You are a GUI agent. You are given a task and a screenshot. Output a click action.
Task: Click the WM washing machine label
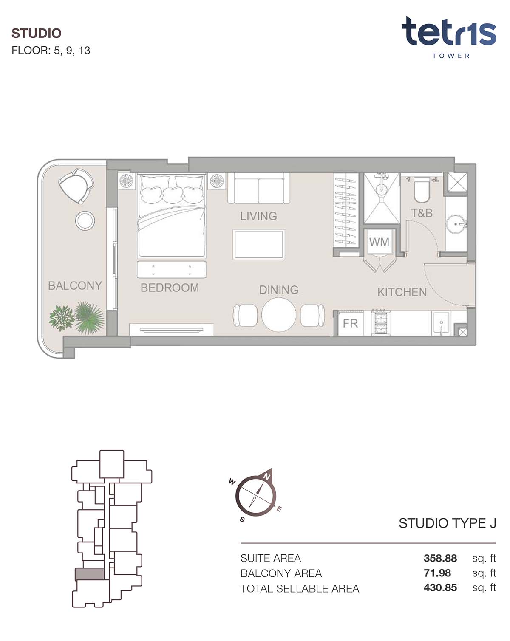point(379,242)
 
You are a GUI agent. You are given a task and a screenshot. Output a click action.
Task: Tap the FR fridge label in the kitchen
point(350,324)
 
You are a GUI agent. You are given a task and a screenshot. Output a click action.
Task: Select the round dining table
point(279,315)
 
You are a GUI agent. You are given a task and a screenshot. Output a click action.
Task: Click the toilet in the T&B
point(421,190)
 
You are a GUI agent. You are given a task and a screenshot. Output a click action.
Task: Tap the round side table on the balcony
point(85,221)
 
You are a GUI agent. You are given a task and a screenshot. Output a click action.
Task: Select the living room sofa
point(259,188)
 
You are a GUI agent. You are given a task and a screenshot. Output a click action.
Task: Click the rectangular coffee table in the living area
point(259,244)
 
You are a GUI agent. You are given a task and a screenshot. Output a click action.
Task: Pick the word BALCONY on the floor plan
point(75,285)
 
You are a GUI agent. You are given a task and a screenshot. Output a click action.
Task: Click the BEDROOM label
point(170,288)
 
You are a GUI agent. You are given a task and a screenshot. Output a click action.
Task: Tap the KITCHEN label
point(402,292)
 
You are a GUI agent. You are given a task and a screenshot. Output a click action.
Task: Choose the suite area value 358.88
point(440,558)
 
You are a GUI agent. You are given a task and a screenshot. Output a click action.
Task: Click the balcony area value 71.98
point(437,573)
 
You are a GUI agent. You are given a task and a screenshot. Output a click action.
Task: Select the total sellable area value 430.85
point(440,587)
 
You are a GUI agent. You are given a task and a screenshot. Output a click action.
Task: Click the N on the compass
point(266,477)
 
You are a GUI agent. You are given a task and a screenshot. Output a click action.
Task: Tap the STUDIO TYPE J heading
point(447,523)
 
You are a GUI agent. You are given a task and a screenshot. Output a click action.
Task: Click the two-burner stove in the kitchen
point(380,323)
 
